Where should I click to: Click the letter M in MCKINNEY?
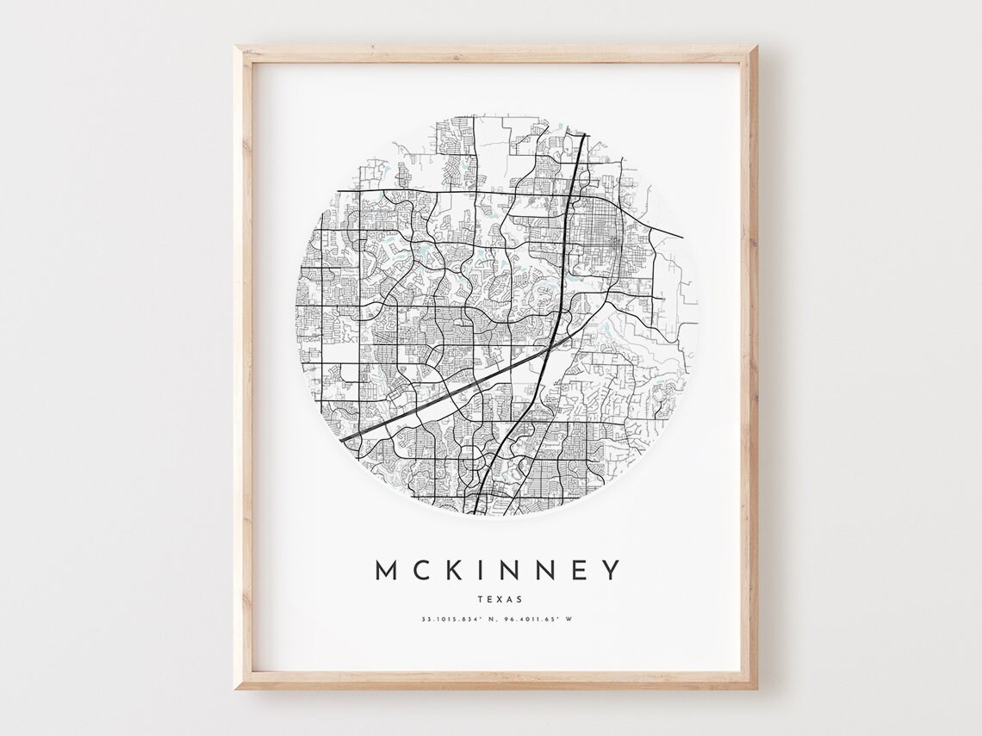385,570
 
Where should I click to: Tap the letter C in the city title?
419,570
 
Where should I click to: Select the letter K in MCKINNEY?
451,570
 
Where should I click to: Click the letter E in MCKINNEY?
577,570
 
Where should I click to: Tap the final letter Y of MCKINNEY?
611,570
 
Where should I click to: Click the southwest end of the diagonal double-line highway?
343,440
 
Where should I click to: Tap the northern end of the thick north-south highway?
584,134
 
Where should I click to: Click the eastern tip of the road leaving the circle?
682,237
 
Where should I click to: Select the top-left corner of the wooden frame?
237,47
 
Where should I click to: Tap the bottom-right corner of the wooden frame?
756,688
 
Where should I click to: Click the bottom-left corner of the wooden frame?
237,688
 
